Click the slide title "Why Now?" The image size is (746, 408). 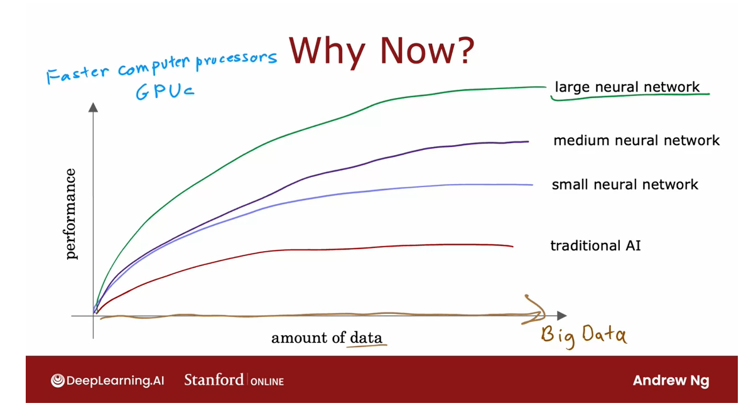(382, 50)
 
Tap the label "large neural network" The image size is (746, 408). (627, 87)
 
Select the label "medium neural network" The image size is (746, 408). (637, 140)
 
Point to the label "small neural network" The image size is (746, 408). (625, 185)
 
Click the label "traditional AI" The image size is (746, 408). (595, 245)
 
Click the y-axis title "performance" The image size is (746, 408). (70, 214)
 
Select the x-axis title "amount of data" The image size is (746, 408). (327, 338)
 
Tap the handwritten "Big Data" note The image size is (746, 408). (584, 335)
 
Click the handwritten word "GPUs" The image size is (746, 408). (165, 91)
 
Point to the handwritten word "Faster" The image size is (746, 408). (77, 74)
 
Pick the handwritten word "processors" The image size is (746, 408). (237, 60)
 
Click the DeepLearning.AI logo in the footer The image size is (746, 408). (107, 380)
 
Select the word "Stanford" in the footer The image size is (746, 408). (214, 380)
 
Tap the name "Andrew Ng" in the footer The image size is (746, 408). (671, 380)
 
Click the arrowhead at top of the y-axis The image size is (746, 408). (93, 107)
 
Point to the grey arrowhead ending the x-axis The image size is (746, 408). (562, 315)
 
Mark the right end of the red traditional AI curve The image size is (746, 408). (513, 246)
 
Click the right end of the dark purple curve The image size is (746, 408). (529, 141)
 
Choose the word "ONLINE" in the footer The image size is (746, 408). (267, 382)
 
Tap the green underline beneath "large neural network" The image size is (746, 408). (630, 97)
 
